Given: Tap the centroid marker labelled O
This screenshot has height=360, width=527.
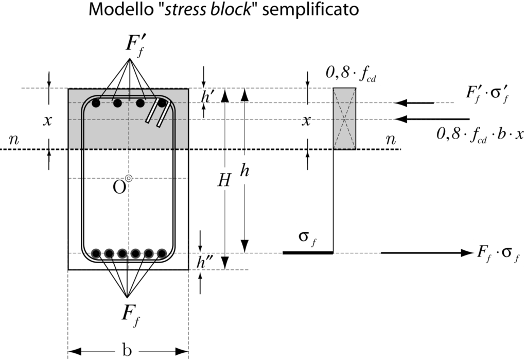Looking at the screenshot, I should (129, 178).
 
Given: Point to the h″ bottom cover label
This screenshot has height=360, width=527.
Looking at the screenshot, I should (204, 262).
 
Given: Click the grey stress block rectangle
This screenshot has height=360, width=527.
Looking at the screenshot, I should (344, 119).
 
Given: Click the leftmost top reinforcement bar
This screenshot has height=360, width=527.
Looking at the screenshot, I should (96, 104).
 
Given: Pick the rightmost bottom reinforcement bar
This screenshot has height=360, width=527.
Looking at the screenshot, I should (162, 253).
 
